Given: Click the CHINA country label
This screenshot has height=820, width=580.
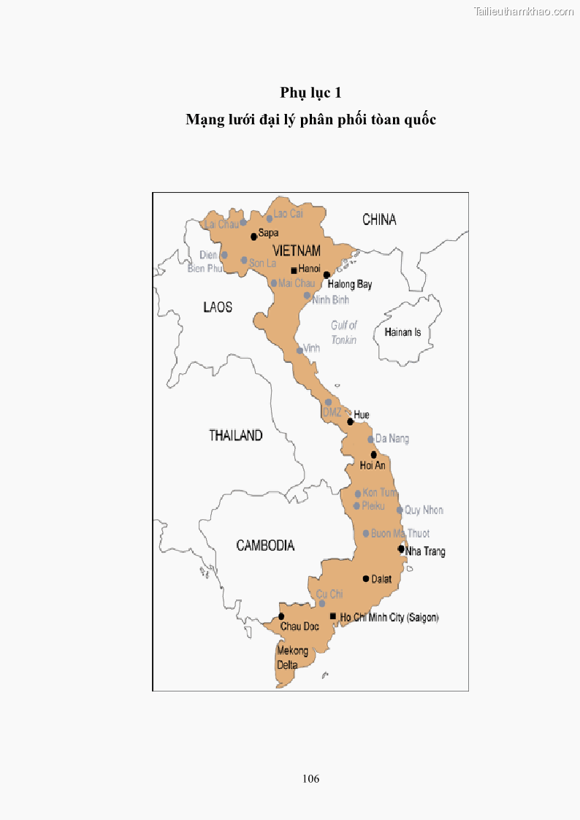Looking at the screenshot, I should pos(379,219).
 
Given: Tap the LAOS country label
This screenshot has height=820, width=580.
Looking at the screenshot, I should pos(218,307).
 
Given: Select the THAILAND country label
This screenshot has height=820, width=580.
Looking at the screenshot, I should pos(235,435).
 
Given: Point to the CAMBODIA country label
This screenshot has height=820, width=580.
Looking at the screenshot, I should pos(265,545).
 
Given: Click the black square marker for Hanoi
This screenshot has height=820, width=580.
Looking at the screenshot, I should pos(294,270).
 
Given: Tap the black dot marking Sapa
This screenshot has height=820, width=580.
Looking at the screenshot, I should pos(253,236).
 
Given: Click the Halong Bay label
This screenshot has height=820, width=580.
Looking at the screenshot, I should pos(350,284).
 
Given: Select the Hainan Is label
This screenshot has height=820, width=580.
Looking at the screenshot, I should pos(402,332).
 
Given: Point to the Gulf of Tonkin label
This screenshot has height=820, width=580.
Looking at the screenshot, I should pos(343,332).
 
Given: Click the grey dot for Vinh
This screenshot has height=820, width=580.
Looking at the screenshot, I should pos(299,350).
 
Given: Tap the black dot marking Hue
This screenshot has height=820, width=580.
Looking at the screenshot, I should pos(351,421).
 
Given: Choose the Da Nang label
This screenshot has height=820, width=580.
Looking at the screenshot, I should pos(392,439).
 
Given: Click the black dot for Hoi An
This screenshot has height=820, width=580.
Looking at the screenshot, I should pos(374,454).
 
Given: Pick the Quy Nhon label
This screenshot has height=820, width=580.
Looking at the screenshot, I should pos(424,510).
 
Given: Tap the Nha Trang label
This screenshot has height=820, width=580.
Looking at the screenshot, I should pos(425,551).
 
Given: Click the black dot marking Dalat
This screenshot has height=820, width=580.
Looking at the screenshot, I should pos(366,578).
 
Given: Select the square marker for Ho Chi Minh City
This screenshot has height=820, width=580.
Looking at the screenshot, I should pos(333,616).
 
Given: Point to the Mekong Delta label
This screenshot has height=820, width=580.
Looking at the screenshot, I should pos(292,658).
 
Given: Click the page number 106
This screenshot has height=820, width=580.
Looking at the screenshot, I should pos(310,778).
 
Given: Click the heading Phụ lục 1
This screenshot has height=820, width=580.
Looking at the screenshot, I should pos(310,93).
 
